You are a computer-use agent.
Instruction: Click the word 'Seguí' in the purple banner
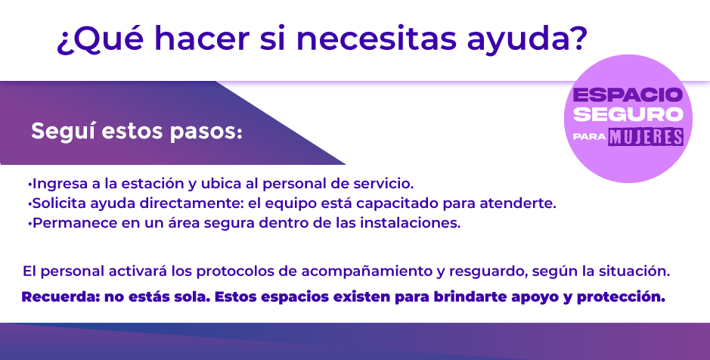pos(62,132)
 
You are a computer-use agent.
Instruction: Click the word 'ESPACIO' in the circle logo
pos(628,95)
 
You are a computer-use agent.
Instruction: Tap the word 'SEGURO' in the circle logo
pos(628,114)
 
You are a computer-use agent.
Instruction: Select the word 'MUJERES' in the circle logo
pos(646,137)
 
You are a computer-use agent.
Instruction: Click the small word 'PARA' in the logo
pos(589,137)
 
